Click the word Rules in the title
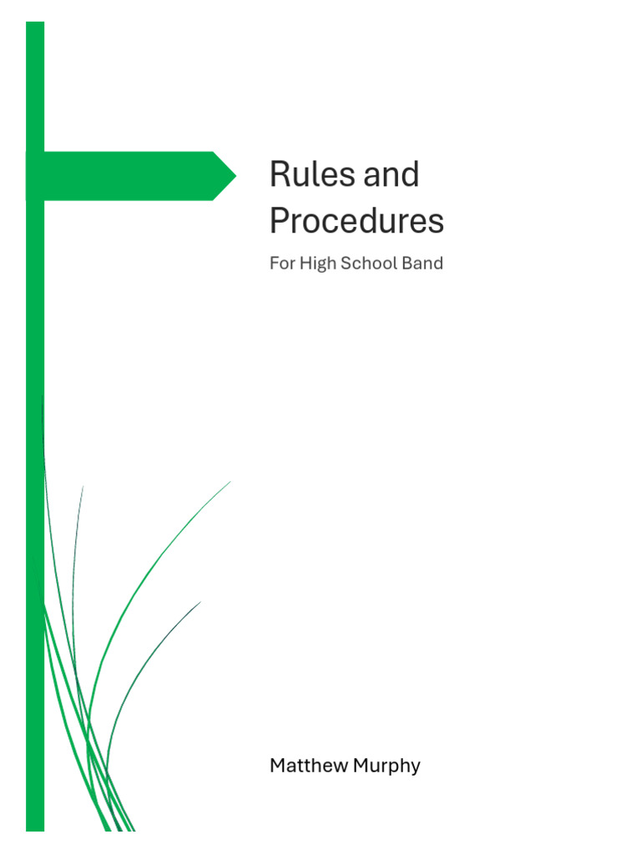point(302,175)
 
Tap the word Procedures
point(356,221)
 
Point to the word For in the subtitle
point(282,264)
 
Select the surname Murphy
point(386,766)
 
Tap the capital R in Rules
point(279,175)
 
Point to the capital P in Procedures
point(280,221)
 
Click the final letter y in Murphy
point(415,768)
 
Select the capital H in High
point(305,264)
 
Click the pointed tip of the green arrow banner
point(235,176)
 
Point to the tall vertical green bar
point(35,500)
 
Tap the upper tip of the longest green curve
point(230,482)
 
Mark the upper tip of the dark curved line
point(199,603)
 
